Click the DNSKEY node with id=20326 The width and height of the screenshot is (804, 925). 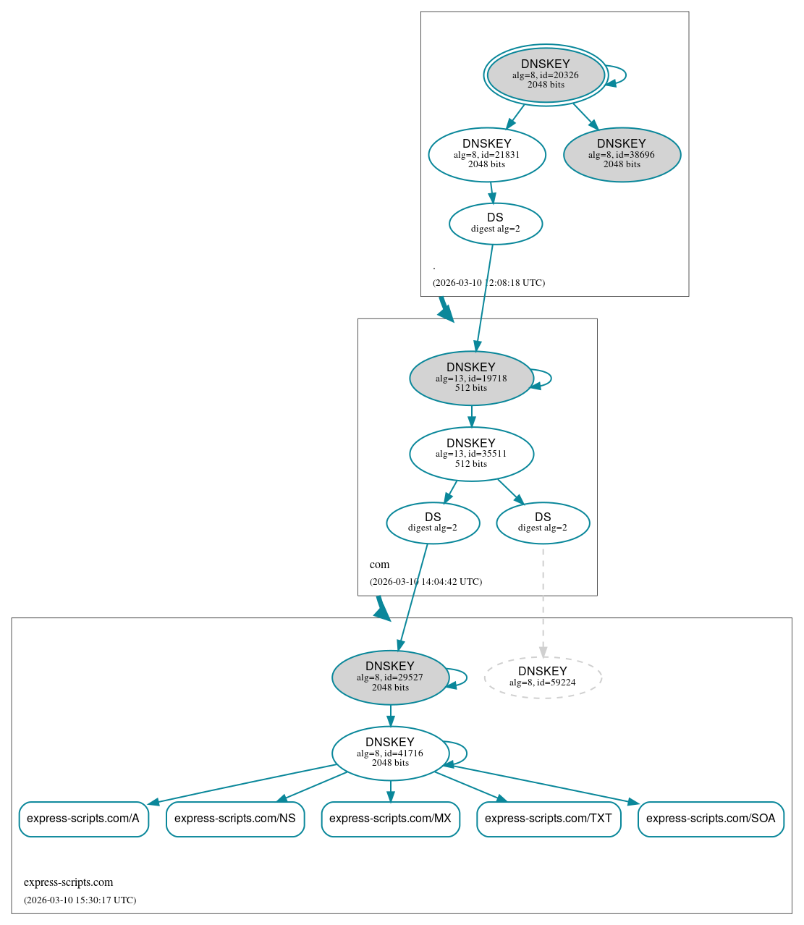[x=546, y=75]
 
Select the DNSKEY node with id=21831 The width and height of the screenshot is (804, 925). [x=486, y=154]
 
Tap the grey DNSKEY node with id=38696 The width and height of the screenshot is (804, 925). [x=622, y=154]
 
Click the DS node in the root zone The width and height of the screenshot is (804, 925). [x=495, y=224]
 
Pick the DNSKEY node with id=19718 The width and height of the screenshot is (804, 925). [x=471, y=378]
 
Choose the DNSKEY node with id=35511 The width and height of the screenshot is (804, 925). [x=471, y=454]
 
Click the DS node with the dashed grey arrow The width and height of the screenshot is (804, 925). [x=543, y=523]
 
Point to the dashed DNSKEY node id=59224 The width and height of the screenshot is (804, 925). [x=543, y=677]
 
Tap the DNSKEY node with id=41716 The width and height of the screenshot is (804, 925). [x=390, y=753]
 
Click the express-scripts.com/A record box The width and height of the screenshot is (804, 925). [x=83, y=819]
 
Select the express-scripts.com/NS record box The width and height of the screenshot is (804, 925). [x=235, y=819]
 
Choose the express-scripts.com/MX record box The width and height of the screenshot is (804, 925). [x=390, y=819]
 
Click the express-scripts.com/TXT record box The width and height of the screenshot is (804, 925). [x=549, y=819]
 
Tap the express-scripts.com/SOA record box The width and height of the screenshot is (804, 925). [x=711, y=819]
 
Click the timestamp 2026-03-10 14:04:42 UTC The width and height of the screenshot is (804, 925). [x=426, y=581]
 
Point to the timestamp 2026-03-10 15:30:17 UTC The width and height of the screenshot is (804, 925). [x=80, y=900]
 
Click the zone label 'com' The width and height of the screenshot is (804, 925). [x=379, y=565]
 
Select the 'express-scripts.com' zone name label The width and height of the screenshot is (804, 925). [x=68, y=882]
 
